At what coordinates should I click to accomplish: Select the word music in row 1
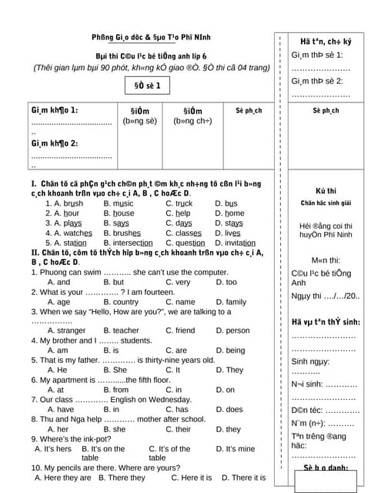click(122, 203)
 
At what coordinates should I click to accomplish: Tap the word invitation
click(239, 243)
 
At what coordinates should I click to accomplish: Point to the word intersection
click(132, 243)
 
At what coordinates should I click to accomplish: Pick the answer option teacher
click(125, 330)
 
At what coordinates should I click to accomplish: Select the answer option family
click(236, 302)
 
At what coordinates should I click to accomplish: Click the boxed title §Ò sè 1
click(147, 86)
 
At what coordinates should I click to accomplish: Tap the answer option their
click(178, 429)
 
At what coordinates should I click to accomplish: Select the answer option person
click(238, 330)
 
